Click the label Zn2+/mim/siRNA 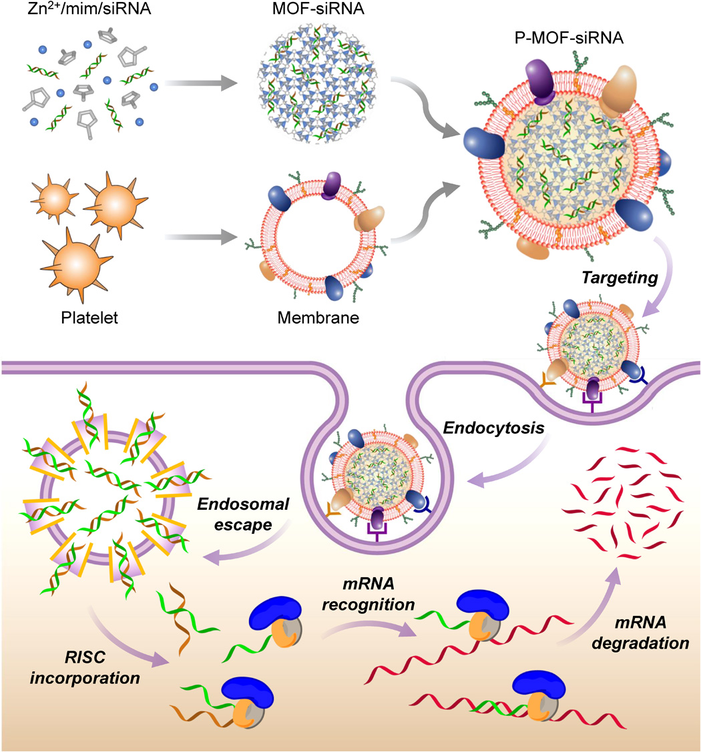click(x=89, y=9)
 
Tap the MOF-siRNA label click(x=318, y=9)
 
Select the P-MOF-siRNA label click(x=569, y=37)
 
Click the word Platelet click(x=89, y=318)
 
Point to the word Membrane click(x=318, y=318)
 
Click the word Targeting click(x=620, y=278)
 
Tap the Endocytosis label click(x=494, y=428)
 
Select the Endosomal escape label click(x=243, y=514)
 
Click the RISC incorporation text click(x=85, y=667)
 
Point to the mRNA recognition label click(x=368, y=594)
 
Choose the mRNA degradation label click(x=640, y=633)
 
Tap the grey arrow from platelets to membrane click(x=201, y=236)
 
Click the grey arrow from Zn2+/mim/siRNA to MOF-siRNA click(x=201, y=83)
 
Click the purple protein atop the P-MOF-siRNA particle click(x=540, y=81)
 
